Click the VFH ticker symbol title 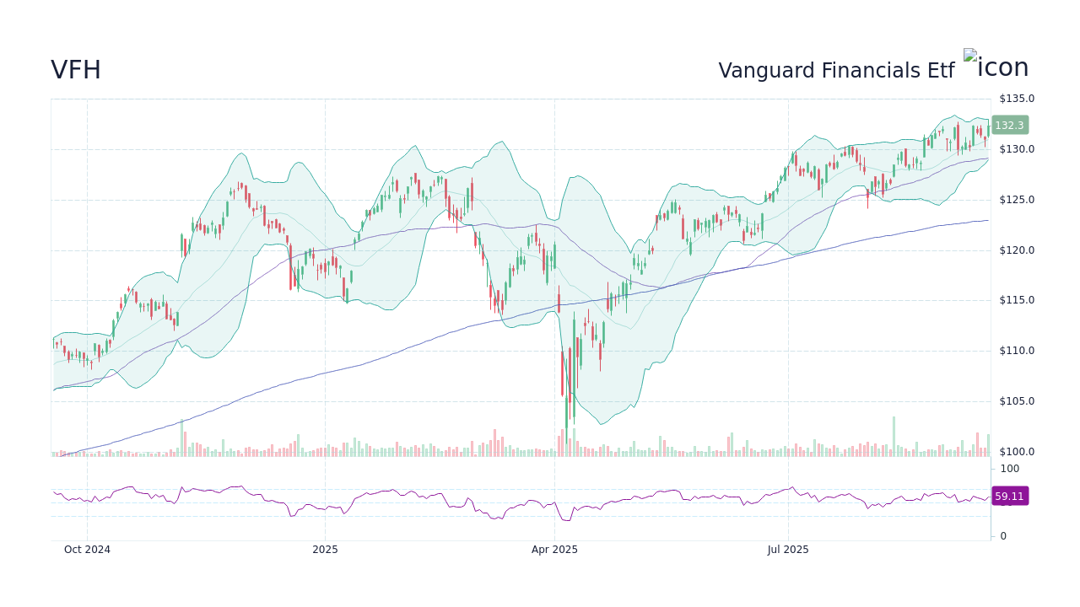click(76, 71)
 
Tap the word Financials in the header click(853, 72)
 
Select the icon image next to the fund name click(996, 66)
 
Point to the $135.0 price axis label click(1017, 99)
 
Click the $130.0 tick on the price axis click(1017, 149)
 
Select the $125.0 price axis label click(1017, 200)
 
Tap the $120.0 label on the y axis click(1017, 250)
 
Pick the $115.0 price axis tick click(1017, 300)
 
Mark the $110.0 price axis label click(1017, 351)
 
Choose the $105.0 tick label click(1017, 401)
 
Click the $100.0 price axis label click(1017, 452)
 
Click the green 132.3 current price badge click(1009, 126)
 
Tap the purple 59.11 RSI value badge click(1009, 497)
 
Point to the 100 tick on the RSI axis click(1010, 469)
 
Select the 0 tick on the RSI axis click(1003, 536)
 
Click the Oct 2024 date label click(87, 550)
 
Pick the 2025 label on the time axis click(325, 550)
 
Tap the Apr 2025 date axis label click(554, 550)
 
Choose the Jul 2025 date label click(788, 550)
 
